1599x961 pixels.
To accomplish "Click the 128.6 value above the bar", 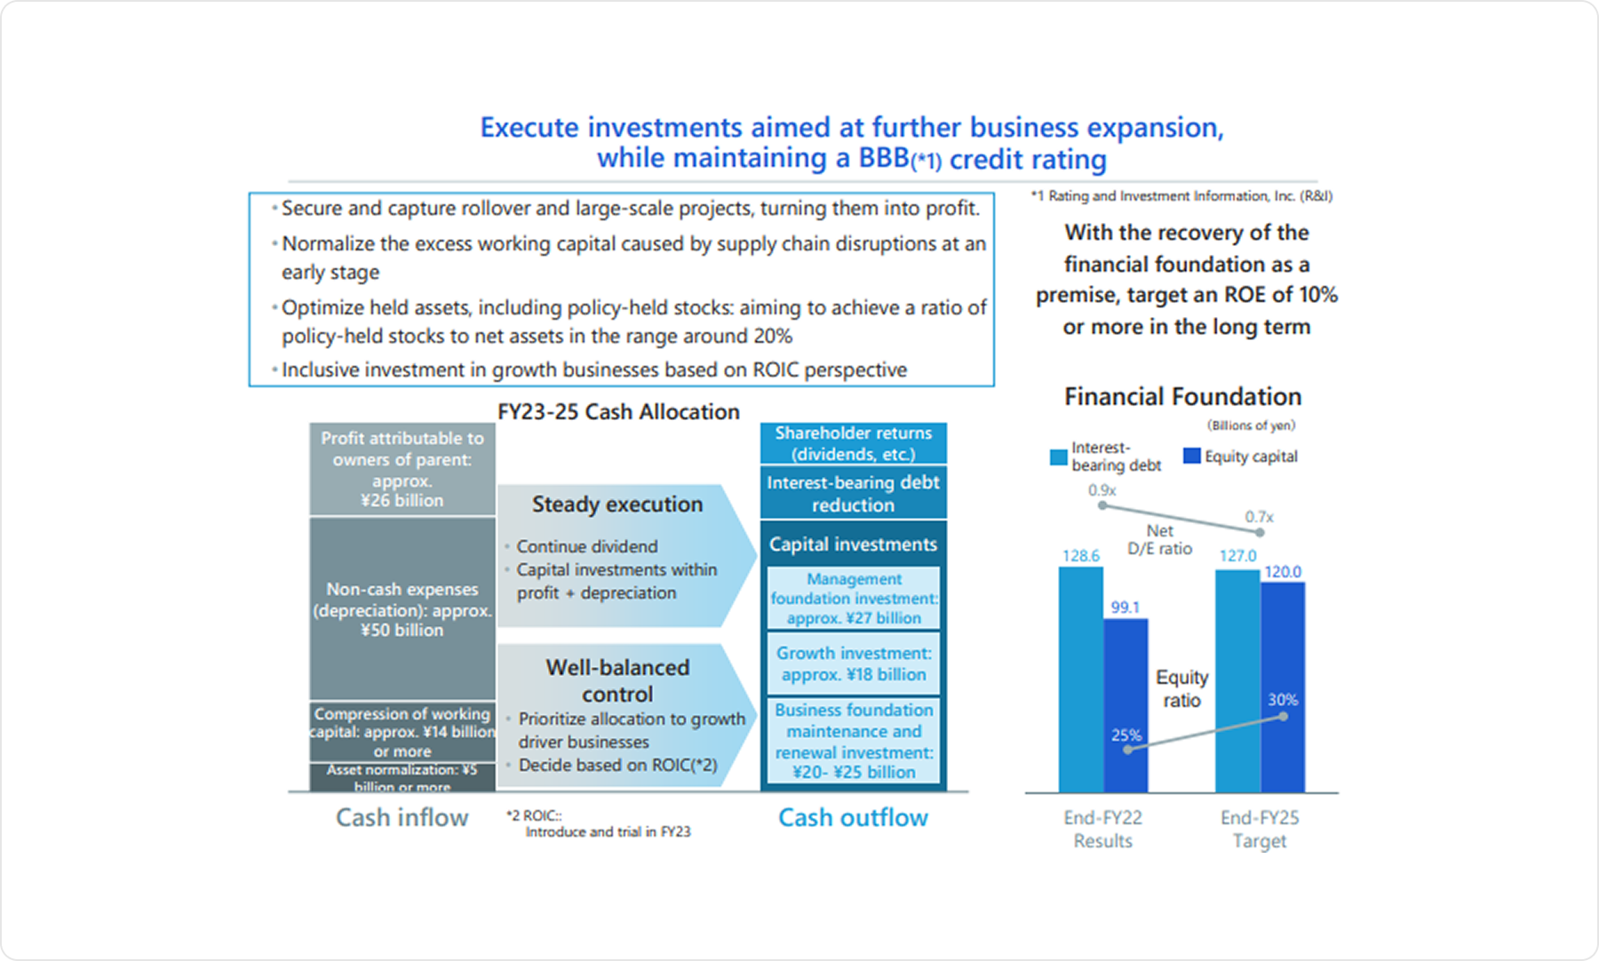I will click(x=1080, y=556).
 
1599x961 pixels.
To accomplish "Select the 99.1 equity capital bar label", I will click(x=1125, y=608).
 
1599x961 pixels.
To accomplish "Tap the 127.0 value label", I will click(x=1237, y=556).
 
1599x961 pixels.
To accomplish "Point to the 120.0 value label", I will click(x=1283, y=572).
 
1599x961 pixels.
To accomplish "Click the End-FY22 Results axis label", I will click(x=1102, y=829).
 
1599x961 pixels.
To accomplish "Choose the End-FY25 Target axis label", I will click(x=1259, y=829).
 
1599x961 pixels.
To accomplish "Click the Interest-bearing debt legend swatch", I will click(x=1058, y=457).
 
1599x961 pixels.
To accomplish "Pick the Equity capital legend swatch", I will click(x=1191, y=456).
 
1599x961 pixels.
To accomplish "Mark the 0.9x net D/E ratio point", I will click(x=1102, y=505).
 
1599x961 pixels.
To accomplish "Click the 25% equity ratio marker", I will click(x=1127, y=750).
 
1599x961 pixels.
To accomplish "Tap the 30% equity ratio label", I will click(x=1282, y=700).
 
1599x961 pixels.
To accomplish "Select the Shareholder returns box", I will click(x=853, y=443).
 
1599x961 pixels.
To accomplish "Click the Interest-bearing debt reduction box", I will click(x=853, y=494).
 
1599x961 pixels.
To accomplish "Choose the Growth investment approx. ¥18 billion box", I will click(x=853, y=663).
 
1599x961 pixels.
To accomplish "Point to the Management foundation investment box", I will click(x=853, y=598).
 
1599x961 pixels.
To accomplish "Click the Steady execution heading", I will click(x=617, y=504).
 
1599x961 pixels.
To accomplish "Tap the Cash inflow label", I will click(x=402, y=817).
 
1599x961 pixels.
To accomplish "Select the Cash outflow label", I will click(x=853, y=817).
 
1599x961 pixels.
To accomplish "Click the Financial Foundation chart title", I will click(x=1182, y=397).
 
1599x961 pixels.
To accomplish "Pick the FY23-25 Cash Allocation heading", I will click(x=618, y=412).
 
